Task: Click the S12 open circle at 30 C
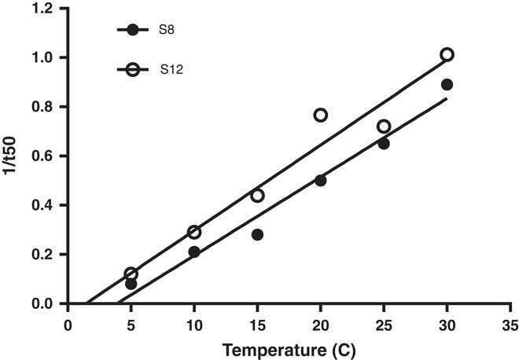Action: tap(447, 55)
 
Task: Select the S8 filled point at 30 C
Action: tap(447, 84)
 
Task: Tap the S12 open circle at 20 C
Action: tap(321, 115)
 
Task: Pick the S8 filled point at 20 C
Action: tap(321, 180)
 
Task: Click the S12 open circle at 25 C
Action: tap(384, 127)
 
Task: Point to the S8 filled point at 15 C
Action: tap(257, 234)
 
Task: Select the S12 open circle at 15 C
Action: tap(257, 195)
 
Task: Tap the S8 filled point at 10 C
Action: tap(194, 252)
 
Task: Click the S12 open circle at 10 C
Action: tap(194, 232)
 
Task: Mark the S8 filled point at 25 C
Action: tap(384, 144)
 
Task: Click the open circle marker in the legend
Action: tap(133, 70)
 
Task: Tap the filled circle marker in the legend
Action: tap(133, 30)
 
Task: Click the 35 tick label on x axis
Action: tap(510, 324)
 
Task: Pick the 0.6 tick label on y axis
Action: tap(46, 156)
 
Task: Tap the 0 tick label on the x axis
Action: tap(68, 324)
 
